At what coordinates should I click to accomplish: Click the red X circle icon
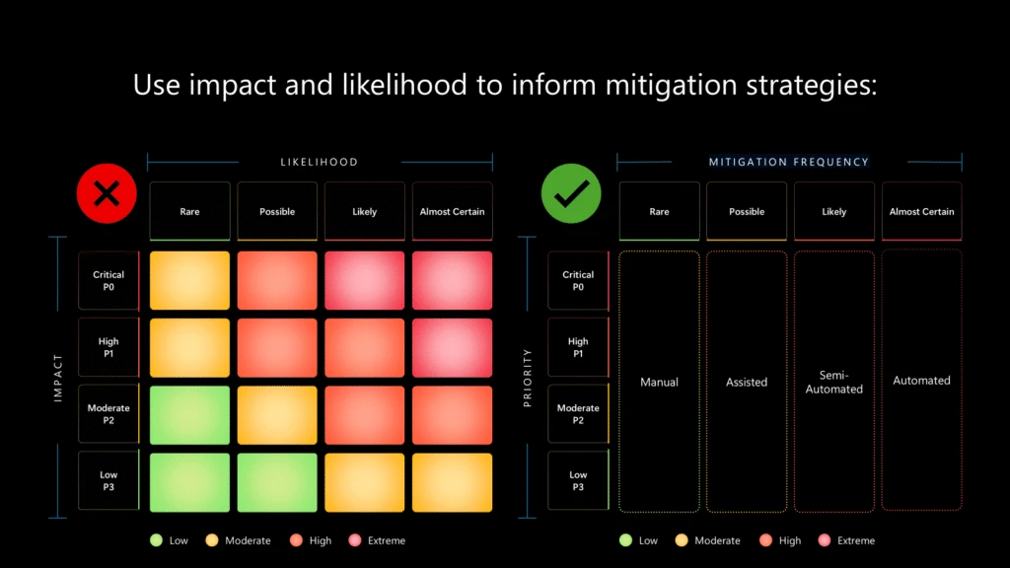point(106,193)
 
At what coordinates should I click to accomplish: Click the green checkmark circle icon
point(571,193)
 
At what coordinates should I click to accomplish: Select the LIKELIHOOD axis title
point(320,162)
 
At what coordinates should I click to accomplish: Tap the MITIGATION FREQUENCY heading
point(789,162)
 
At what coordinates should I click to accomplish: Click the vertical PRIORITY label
point(528,379)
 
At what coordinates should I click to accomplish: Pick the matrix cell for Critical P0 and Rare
point(189,281)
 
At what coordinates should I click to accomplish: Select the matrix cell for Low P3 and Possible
point(277,482)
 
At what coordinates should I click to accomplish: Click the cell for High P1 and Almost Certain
point(452,348)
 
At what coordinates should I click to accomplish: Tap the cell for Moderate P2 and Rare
point(189,415)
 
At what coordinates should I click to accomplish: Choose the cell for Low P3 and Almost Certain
point(452,482)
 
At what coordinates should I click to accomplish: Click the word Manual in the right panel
point(659,383)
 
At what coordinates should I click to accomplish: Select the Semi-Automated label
point(834,383)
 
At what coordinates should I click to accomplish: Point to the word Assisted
point(747,383)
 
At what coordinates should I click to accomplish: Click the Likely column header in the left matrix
point(364,212)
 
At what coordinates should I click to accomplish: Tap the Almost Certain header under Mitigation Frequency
point(921,212)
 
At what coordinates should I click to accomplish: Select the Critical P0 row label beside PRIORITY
point(578,281)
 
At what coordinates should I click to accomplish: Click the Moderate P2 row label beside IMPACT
point(108,414)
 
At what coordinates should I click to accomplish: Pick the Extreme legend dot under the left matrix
point(354,540)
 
